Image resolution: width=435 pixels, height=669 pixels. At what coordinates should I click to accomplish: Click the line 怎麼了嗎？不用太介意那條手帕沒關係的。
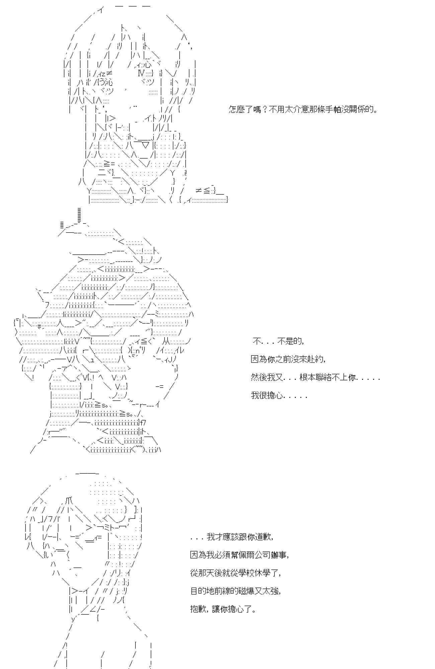pyautogui.click(x=303, y=109)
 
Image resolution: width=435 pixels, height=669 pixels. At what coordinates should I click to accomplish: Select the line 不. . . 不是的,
pyautogui.click(x=278, y=342)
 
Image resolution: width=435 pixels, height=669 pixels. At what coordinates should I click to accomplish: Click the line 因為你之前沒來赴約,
pyautogui.click(x=288, y=359)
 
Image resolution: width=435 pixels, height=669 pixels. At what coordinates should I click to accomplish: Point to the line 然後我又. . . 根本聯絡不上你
pyautogui.click(x=315, y=378)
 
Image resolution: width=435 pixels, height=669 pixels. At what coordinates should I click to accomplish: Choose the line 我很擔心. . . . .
pyautogui.click(x=279, y=396)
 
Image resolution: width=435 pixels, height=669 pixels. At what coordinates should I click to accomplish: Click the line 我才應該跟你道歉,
pyautogui.click(x=232, y=537)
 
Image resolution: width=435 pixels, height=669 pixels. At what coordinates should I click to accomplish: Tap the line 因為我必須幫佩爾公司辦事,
pyautogui.click(x=239, y=555)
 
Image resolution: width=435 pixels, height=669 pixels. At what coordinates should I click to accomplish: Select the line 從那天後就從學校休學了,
pyautogui.click(x=236, y=573)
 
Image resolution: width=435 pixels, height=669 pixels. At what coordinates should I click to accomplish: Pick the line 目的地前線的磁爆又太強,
pyautogui.click(x=236, y=591)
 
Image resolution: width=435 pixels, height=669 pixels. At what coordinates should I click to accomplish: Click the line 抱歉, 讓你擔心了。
pyautogui.click(x=224, y=609)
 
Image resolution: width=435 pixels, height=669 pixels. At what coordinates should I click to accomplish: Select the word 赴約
pyautogui.click(x=315, y=359)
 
